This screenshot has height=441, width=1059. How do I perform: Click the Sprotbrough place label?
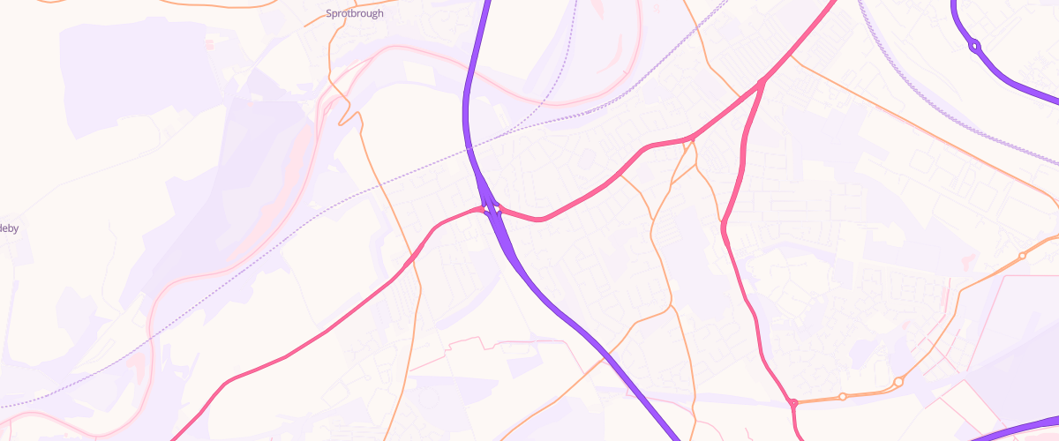355,13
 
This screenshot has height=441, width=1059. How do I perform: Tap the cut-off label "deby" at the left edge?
9,228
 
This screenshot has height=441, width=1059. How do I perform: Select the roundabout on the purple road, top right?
974,46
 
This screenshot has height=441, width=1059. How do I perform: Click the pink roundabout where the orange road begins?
793,403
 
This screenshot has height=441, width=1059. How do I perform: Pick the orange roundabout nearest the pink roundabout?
843,397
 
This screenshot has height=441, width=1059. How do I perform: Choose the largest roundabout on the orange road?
898,382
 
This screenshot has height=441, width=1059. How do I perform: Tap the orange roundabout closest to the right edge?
1022,256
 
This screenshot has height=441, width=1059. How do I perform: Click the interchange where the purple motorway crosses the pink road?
491,209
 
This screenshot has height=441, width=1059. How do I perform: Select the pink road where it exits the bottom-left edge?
172,437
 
